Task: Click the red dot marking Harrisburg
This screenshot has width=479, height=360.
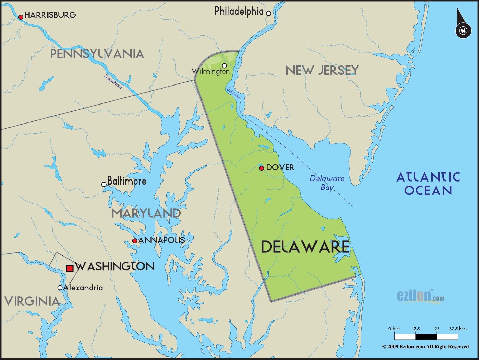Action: click(21, 17)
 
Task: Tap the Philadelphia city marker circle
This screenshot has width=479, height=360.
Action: click(268, 13)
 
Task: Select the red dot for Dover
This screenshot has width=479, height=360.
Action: click(261, 168)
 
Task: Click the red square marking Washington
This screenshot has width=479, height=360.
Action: click(70, 268)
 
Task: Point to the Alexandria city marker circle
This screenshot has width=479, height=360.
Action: click(60, 288)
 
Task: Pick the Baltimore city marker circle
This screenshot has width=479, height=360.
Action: click(104, 184)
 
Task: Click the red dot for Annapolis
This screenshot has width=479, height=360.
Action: click(134, 241)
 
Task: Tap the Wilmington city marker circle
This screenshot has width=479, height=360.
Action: click(224, 65)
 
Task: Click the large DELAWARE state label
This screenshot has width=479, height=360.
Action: click(305, 247)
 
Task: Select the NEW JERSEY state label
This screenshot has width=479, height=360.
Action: click(322, 70)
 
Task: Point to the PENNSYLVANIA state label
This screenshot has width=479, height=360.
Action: click(97, 54)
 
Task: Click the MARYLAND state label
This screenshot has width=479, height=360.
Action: click(146, 213)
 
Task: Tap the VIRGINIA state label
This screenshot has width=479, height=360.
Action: click(32, 301)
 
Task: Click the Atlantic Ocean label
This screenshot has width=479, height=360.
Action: click(428, 184)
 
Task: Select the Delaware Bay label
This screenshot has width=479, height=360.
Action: click(327, 183)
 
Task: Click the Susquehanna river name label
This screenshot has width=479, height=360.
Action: click(113, 81)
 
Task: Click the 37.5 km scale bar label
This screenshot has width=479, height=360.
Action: click(458, 328)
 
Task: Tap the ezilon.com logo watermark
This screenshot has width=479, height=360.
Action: click(420, 296)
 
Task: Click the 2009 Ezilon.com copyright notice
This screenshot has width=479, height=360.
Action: click(425, 347)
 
